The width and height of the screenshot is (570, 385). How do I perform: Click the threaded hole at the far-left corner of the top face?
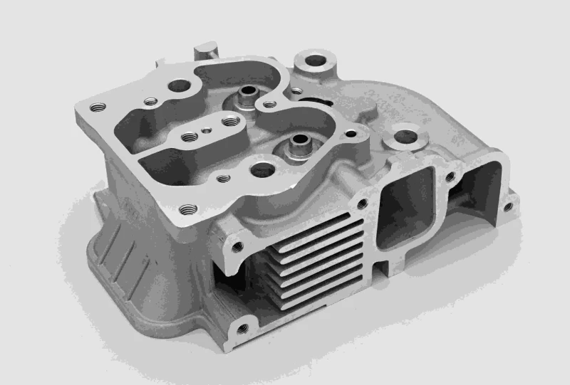pos(98,107)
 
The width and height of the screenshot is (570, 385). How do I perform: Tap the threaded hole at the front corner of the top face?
pos(187,209)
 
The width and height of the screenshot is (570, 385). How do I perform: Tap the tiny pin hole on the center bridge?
pos(205,130)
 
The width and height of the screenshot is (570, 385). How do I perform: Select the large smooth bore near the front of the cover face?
pos(262,169)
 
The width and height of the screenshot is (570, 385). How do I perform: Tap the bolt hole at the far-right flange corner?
pos(507,207)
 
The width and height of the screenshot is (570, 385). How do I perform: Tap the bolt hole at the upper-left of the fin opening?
pos(237,247)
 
